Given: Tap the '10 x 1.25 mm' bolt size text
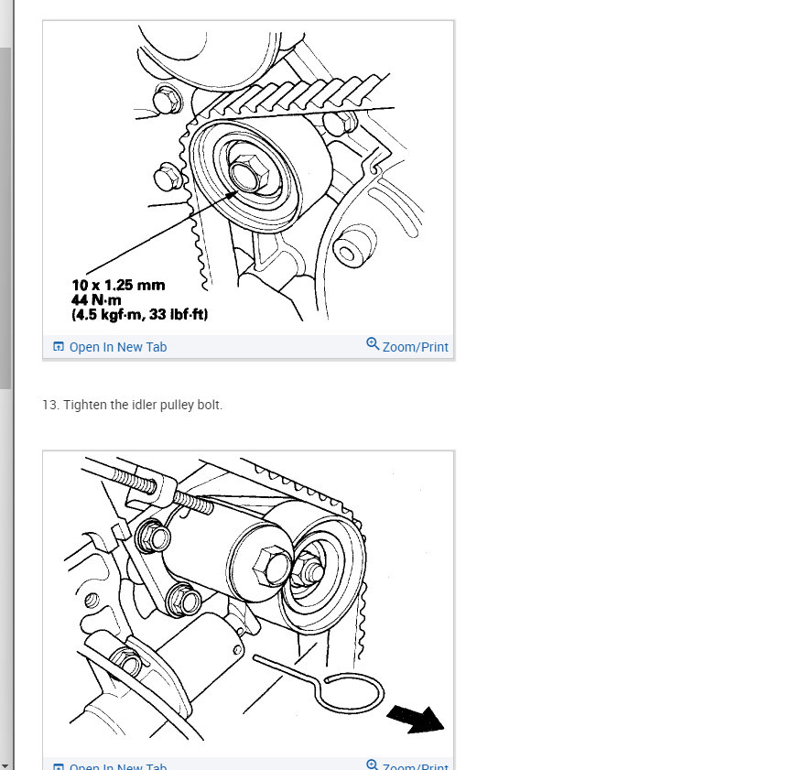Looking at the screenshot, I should click(118, 286).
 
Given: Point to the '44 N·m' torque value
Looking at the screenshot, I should click(95, 300).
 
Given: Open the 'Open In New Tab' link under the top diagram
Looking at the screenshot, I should click(117, 347).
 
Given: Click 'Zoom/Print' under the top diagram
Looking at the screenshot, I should click(415, 347).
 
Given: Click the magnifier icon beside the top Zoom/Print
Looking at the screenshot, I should click(373, 344).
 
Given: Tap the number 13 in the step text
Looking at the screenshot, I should click(49, 405).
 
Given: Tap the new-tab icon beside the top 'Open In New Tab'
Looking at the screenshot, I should click(59, 347).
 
